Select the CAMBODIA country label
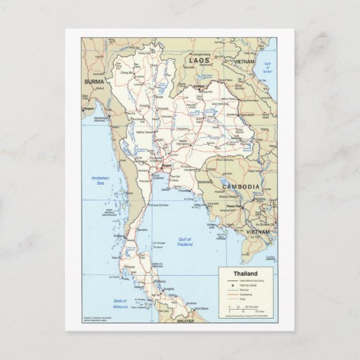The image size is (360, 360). [241, 186]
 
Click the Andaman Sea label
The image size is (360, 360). [101, 179]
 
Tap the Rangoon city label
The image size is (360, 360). [88, 108]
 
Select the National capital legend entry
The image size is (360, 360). [247, 285]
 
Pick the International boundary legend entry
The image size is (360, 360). [249, 280]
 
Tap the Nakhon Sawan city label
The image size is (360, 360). [145, 132]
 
